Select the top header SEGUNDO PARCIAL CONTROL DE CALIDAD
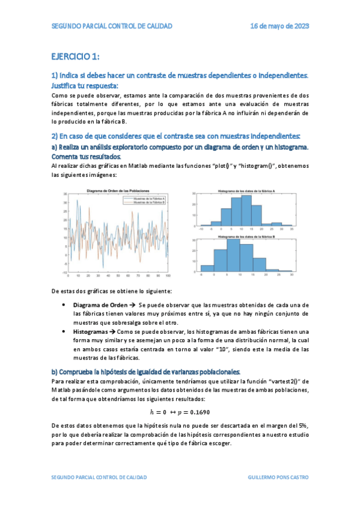pyautogui.click(x=112, y=26)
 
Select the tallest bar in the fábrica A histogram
pyautogui.click(x=246, y=210)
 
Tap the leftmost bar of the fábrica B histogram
pyautogui.click(x=207, y=268)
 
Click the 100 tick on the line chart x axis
pyautogui.click(x=168, y=276)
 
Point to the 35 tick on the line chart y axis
pyautogui.click(x=66, y=194)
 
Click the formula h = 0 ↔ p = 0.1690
pyautogui.click(x=180, y=412)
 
